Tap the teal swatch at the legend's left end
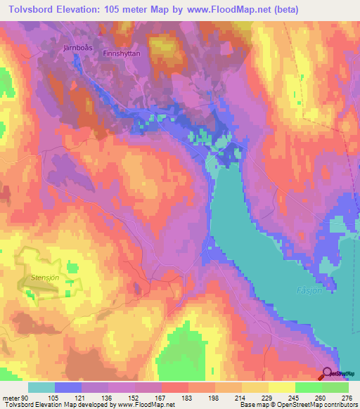(41, 387)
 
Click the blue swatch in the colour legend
(68, 387)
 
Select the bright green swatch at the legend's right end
(335, 387)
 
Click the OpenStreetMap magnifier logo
(328, 374)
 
